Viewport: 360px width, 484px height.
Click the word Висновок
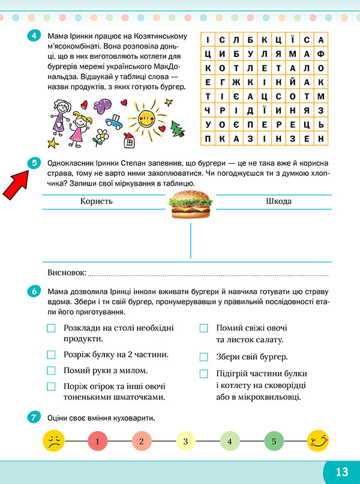(66, 273)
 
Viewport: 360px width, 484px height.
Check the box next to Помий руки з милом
(51, 371)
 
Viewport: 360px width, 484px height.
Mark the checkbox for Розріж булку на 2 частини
(51, 354)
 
